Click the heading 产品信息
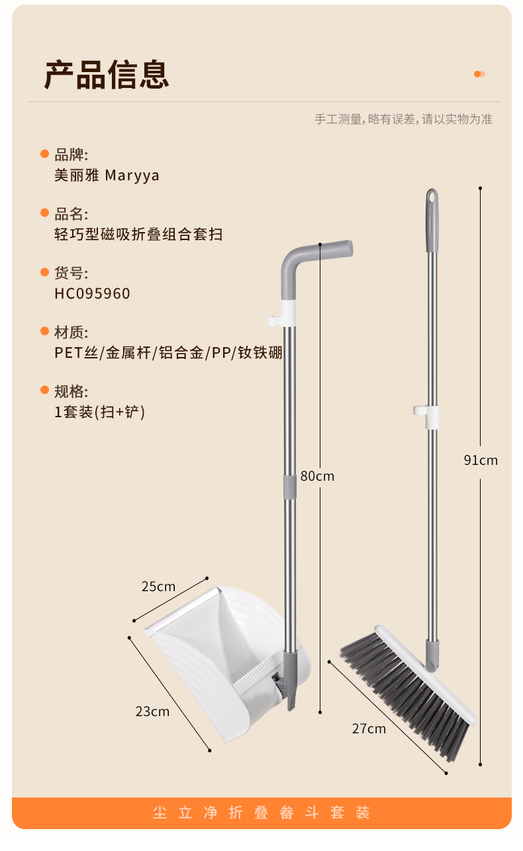coord(107,74)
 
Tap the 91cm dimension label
coord(480,460)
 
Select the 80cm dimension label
coord(317,476)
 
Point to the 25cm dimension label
coord(158,587)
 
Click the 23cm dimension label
coord(152,711)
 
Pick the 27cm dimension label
coord(369,729)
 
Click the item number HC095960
coord(92,294)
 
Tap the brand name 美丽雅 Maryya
coord(107,176)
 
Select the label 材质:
coord(71,333)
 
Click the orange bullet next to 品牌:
coord(45,154)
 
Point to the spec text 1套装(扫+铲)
coord(99,412)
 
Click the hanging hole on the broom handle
coord(432,197)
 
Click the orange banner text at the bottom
coord(261,813)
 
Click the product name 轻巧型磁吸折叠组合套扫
coord(138,235)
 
